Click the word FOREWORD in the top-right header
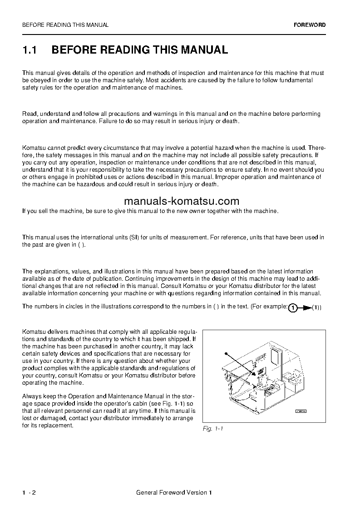(309, 25)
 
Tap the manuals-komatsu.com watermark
(181, 201)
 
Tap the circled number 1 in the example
(293, 308)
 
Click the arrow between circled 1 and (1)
(306, 308)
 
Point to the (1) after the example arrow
(316, 308)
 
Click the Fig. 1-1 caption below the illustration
(213, 429)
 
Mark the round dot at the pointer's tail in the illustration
(226, 353)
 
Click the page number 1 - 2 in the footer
(29, 492)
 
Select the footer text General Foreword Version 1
(174, 492)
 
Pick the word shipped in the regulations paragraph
(178, 339)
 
